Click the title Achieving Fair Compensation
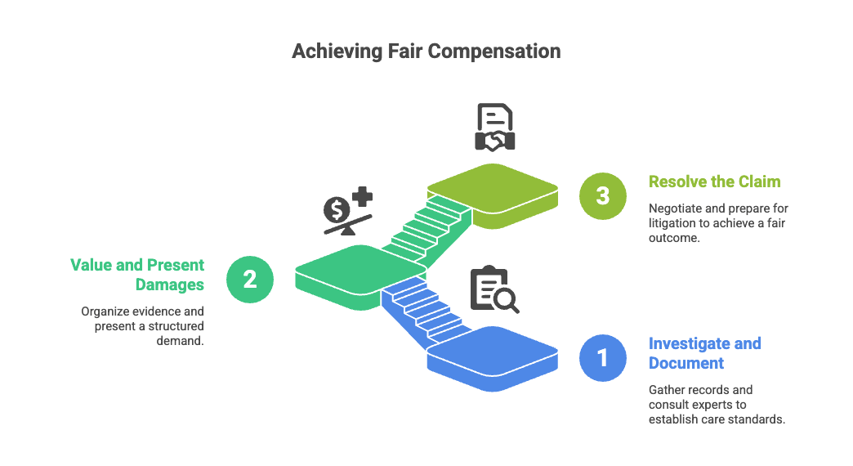pos(426,52)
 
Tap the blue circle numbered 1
pos(603,357)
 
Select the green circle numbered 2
pos(250,280)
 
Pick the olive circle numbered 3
pos(603,196)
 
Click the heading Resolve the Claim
pos(714,181)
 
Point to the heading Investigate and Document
pos(704,353)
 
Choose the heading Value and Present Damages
pos(137,275)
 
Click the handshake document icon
pos(495,127)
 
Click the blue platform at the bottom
pos(493,358)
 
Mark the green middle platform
pos(360,277)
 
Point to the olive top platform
pos(493,196)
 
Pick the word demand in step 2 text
pos(179,341)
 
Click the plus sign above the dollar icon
pos(362,196)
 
